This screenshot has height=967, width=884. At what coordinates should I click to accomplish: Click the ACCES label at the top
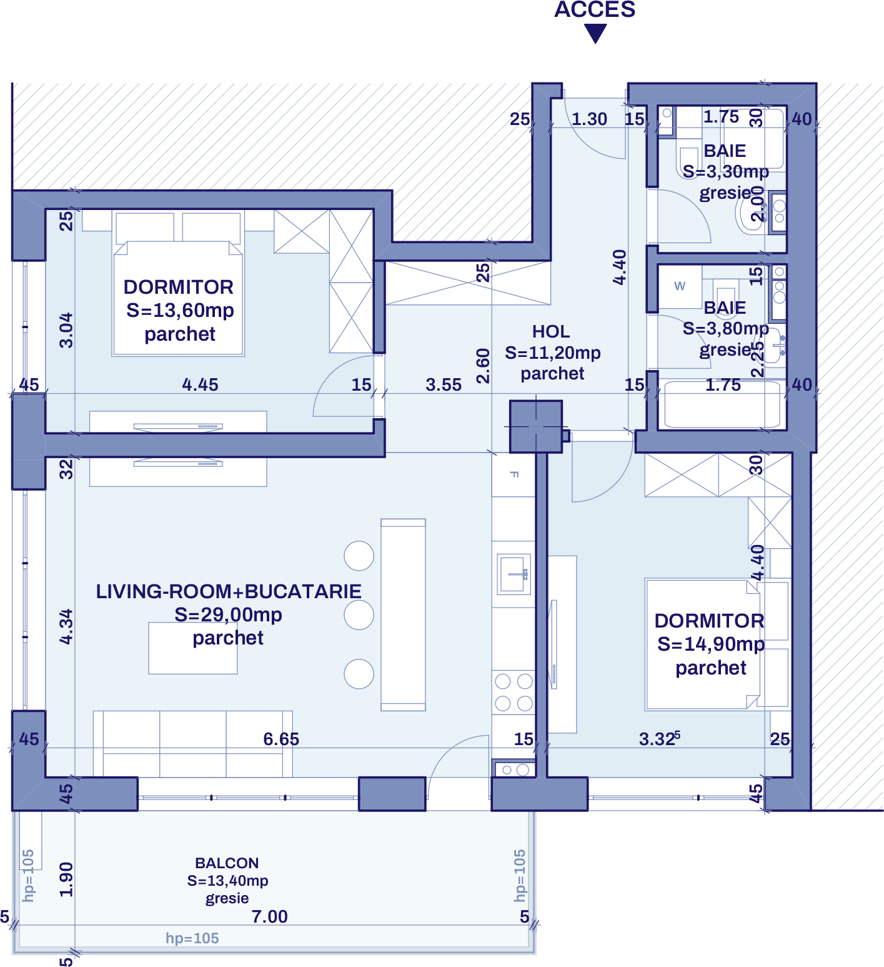(595, 9)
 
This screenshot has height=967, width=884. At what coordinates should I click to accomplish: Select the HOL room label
(550, 331)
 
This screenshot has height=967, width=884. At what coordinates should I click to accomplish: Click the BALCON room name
(227, 863)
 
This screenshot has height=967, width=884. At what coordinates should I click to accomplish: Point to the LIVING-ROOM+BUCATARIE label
(228, 591)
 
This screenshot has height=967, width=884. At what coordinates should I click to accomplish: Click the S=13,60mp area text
(180, 310)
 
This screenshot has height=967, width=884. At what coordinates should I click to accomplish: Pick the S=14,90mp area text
(710, 644)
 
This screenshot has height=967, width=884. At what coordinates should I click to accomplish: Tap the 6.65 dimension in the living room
(281, 739)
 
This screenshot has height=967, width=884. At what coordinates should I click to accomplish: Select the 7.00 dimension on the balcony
(269, 916)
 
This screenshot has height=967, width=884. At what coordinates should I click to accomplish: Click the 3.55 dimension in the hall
(444, 384)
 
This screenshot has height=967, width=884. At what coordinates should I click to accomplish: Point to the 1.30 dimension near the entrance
(589, 119)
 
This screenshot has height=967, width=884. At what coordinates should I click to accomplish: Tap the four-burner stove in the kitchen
(514, 692)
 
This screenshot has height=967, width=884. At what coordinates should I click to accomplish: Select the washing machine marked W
(680, 286)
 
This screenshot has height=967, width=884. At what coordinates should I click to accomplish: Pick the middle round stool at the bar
(359, 615)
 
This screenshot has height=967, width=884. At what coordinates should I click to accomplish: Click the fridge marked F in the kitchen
(514, 474)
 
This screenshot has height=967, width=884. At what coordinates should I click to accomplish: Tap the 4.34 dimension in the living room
(66, 626)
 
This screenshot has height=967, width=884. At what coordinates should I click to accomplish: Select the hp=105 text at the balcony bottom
(192, 938)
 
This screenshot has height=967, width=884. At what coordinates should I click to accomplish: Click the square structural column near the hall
(535, 426)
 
